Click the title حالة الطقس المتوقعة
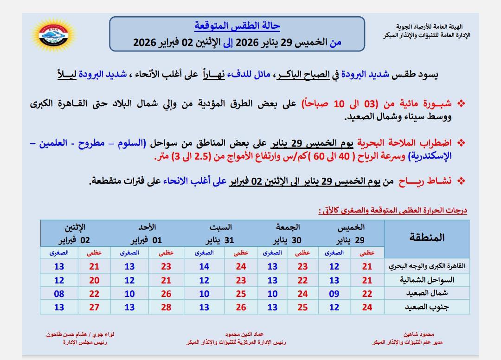coord(237,26)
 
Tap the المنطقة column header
coord(427,238)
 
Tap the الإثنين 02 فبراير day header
coord(75,234)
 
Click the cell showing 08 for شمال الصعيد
coord(58,294)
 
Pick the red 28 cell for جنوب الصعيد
coord(166,307)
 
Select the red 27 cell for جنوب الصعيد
coord(95,307)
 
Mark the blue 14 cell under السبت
coord(204,267)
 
